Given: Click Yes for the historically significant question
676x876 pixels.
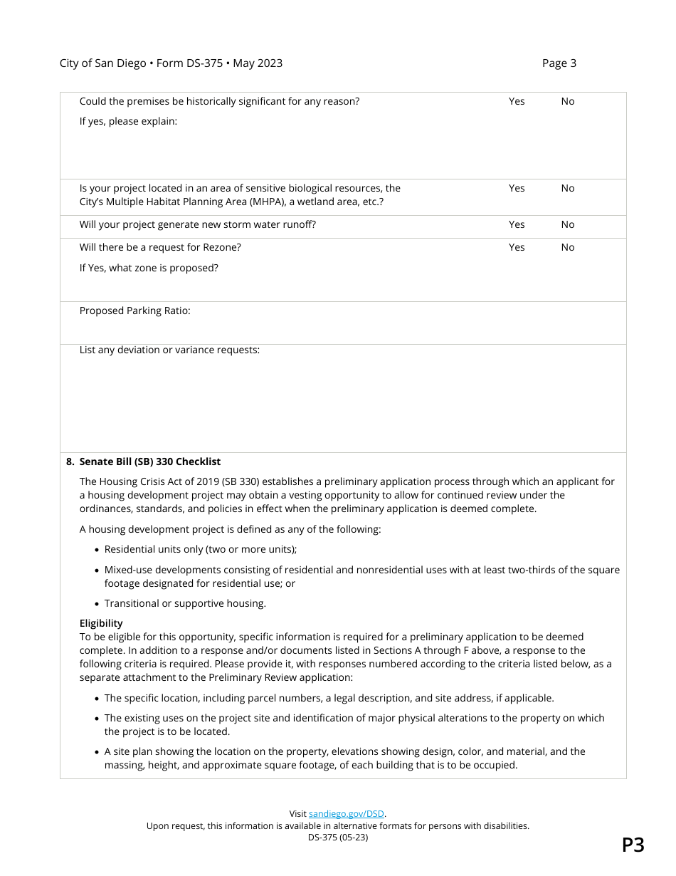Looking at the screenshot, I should coord(517,101).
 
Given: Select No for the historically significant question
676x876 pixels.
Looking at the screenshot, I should coord(567,101).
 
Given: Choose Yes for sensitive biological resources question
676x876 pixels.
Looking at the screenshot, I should coord(517,188).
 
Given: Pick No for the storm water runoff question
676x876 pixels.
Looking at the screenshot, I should coord(567,224).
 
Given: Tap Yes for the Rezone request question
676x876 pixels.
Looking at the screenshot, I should coord(517,247).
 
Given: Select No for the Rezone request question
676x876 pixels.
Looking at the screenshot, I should coord(567,247).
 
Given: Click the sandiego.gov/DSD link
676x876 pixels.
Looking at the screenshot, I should coord(347,813).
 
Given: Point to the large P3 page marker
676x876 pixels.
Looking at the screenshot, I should coord(633,845).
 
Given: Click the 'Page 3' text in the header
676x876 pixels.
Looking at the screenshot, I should coord(559,63).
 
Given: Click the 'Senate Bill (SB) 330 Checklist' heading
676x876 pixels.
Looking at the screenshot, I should coord(149,462).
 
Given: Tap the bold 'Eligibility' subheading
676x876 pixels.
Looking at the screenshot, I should coord(101,623).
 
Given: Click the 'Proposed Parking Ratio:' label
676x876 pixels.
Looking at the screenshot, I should coord(134,311).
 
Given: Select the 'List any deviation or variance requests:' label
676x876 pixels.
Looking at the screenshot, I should coord(169,350).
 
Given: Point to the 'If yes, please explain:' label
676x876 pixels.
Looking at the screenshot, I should coord(128,121).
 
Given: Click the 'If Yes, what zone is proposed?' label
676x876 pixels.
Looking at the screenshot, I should coord(149,268).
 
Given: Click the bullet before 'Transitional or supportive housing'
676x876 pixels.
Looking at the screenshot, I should coord(97,604).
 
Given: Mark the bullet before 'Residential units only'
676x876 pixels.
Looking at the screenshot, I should coord(97,550).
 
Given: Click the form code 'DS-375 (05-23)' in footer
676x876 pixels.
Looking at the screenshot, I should coord(338,838).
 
